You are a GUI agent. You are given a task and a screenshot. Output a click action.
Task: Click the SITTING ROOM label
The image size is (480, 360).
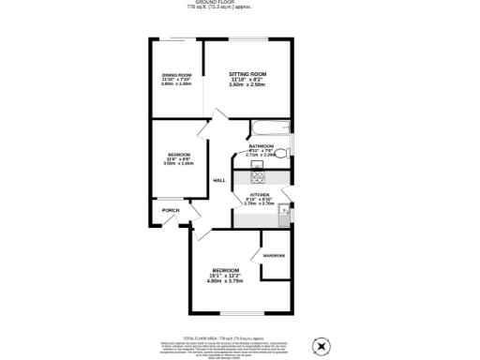point(248,73)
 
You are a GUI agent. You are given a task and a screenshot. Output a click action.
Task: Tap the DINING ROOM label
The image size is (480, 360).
point(176,74)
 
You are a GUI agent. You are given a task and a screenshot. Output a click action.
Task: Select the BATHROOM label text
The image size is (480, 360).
point(262,146)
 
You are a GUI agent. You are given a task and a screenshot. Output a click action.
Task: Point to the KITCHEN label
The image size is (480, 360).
point(259,194)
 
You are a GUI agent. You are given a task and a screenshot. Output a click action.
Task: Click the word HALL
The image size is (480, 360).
point(219,180)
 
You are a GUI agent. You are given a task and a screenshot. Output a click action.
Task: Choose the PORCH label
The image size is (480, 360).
point(171,210)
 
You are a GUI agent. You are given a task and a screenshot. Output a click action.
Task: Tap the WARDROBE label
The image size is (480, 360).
point(273,256)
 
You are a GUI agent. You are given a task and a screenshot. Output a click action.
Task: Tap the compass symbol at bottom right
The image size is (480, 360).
point(322,345)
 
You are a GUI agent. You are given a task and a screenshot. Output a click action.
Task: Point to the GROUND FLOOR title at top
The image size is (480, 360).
point(240,3)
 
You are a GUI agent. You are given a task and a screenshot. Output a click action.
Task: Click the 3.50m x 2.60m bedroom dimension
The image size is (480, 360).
point(180,163)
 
